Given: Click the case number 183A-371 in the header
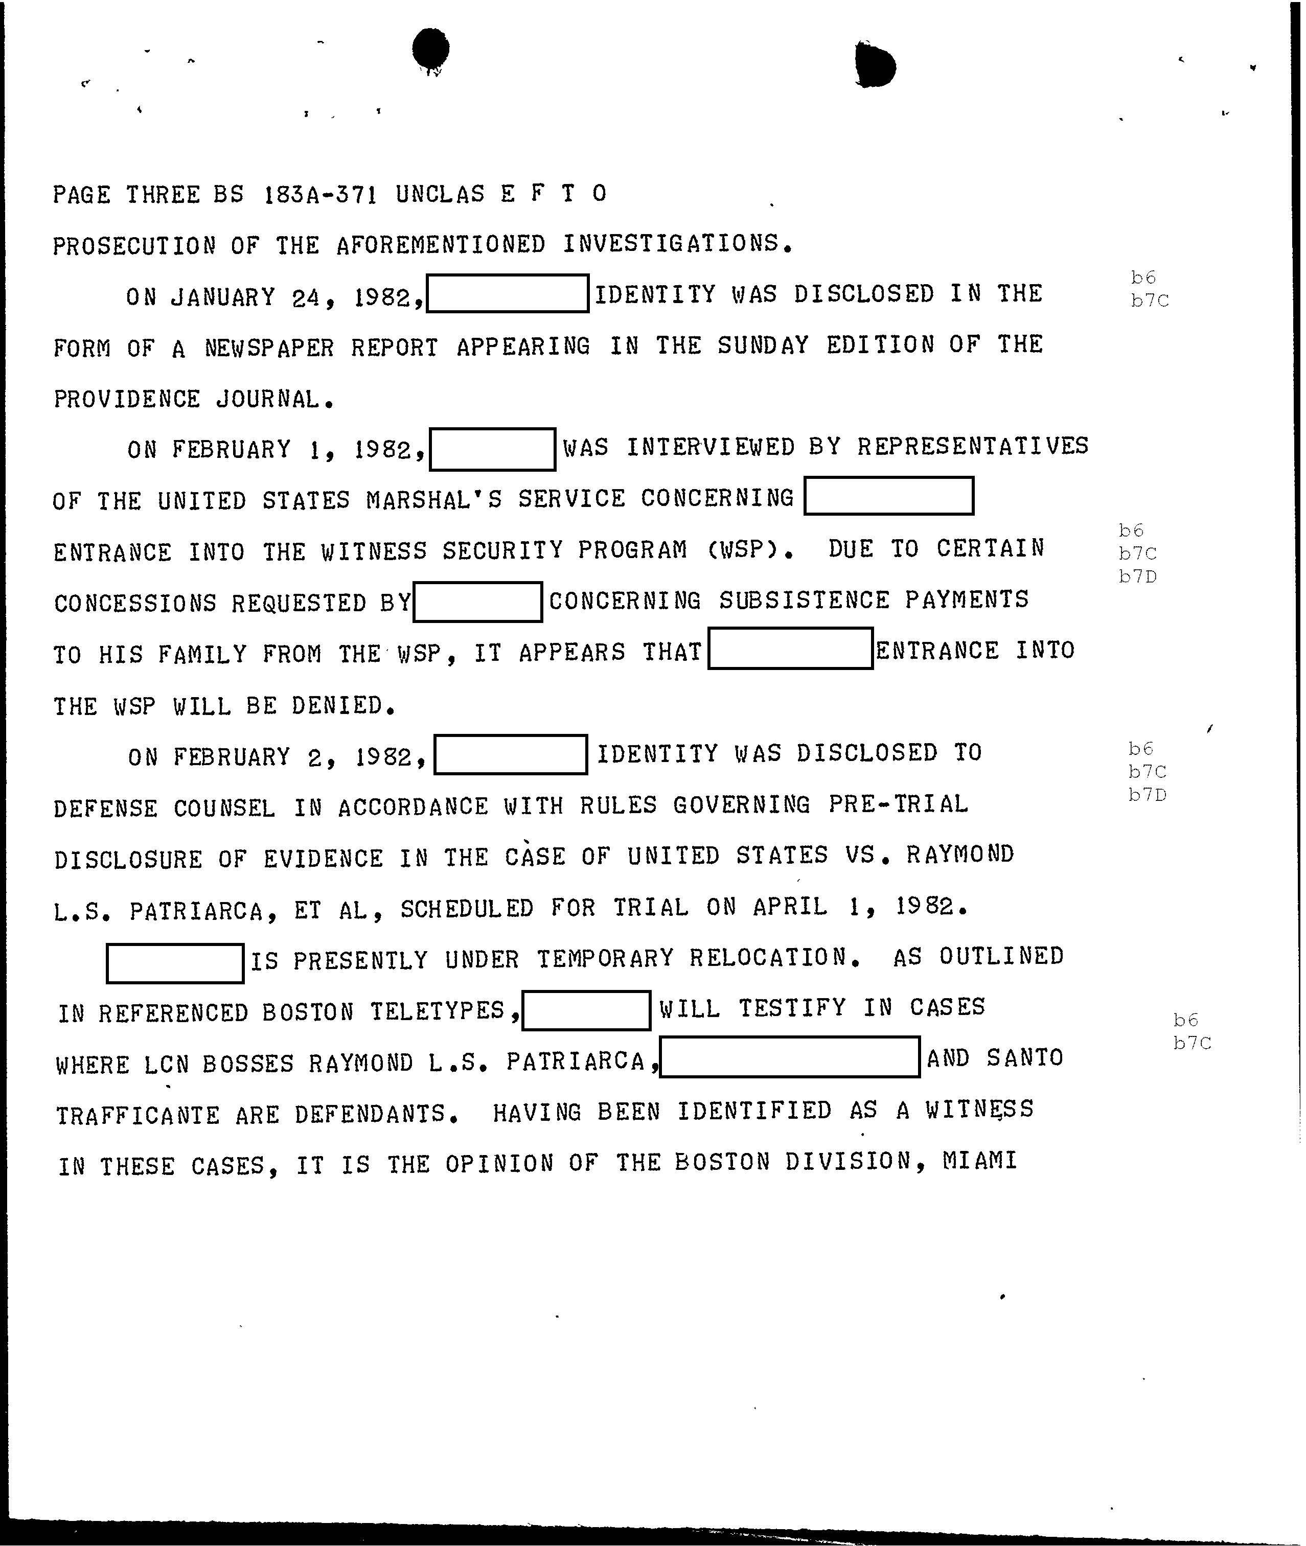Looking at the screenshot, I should click(x=320, y=195).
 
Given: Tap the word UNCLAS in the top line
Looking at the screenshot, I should click(x=440, y=194).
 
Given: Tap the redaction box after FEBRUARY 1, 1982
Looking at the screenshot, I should click(x=492, y=449).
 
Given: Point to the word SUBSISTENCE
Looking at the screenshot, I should click(x=804, y=600).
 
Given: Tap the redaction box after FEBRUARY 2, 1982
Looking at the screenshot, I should click(x=511, y=755).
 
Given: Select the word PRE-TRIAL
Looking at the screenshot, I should click(x=898, y=804).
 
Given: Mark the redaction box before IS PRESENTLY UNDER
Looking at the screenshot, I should click(x=175, y=963).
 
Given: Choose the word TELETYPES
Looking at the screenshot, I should click(x=438, y=1011).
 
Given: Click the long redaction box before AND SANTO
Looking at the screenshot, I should click(x=789, y=1057).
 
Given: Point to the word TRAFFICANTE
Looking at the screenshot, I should click(x=138, y=1115).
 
